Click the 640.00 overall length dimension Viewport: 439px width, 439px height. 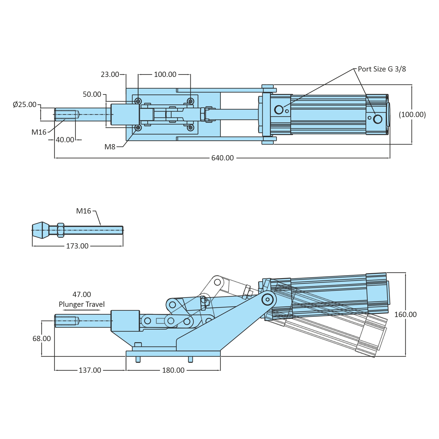click(223, 158)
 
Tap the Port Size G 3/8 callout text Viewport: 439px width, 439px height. click(382, 69)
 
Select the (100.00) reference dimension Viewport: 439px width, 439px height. click(412, 114)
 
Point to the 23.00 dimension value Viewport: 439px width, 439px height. click(110, 75)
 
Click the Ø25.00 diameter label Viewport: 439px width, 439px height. click(25, 104)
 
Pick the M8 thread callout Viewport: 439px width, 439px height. click(110, 147)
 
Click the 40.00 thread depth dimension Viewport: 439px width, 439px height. click(65, 140)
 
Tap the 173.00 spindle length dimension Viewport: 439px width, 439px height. click(77, 246)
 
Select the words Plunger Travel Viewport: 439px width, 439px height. click(82, 304)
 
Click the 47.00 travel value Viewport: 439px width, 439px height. click(82, 294)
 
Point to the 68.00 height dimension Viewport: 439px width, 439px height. click(42, 338)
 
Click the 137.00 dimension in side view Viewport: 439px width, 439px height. click(90, 370)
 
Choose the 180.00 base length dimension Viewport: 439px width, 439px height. click(173, 370)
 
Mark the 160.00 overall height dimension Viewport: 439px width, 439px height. click(405, 314)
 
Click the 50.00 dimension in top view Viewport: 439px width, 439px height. click(92, 94)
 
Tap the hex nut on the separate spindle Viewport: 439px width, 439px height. click(61, 230)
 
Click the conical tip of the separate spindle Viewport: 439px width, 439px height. click(40, 230)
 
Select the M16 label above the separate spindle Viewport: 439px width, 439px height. click(84, 211)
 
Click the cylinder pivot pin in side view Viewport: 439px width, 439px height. click(267, 299)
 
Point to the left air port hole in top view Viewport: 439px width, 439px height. click(279, 110)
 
